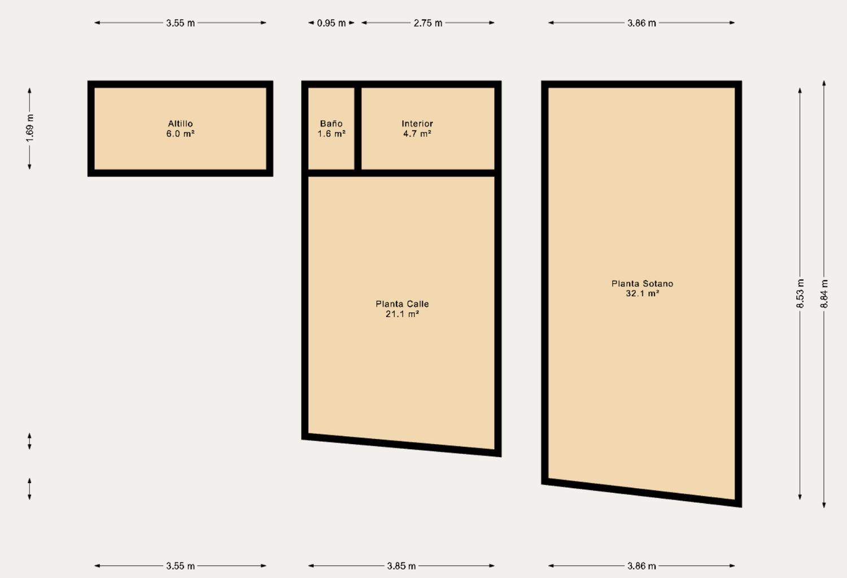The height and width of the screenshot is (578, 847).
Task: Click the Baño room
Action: point(331,129)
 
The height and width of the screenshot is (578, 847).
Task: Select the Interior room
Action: point(427,129)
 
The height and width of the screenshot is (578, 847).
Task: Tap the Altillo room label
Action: point(180,124)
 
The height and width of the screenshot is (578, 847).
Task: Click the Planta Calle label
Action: point(402,304)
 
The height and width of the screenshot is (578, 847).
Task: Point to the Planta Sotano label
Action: point(642,283)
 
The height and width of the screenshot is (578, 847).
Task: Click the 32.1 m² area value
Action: point(642,293)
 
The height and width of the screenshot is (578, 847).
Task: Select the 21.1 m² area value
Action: point(402,314)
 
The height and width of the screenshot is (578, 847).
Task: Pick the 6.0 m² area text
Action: point(180,133)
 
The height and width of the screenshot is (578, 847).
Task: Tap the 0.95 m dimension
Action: point(331,23)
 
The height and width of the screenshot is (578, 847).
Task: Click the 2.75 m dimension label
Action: point(427,23)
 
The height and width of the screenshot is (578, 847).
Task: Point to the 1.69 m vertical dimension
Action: point(30,129)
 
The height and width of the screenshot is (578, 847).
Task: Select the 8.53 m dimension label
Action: point(800,294)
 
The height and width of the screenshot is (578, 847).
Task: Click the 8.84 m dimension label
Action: point(824,294)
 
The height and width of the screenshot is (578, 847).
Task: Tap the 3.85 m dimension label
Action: point(401,566)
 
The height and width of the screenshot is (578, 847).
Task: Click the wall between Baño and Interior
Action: point(358,129)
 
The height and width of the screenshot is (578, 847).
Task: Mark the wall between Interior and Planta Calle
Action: point(401,173)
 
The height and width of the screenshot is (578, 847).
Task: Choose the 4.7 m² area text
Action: point(417,133)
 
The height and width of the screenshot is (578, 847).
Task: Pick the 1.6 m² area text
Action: point(331,133)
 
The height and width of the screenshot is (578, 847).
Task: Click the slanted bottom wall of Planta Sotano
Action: point(641,493)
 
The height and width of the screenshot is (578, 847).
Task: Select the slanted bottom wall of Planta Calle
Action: point(401,445)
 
